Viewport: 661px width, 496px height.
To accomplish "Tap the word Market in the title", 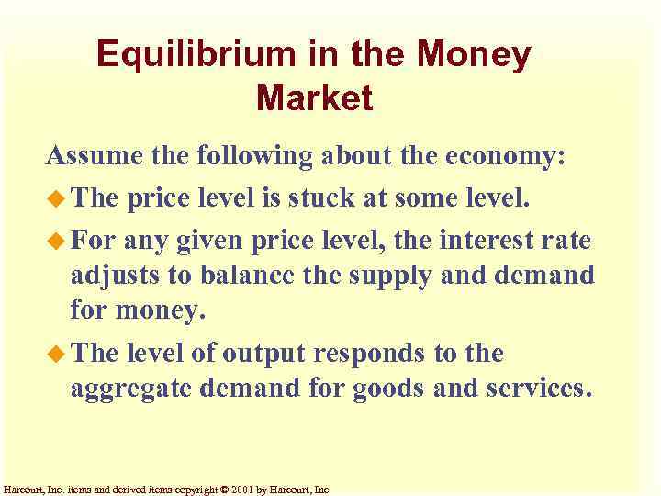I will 315,97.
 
